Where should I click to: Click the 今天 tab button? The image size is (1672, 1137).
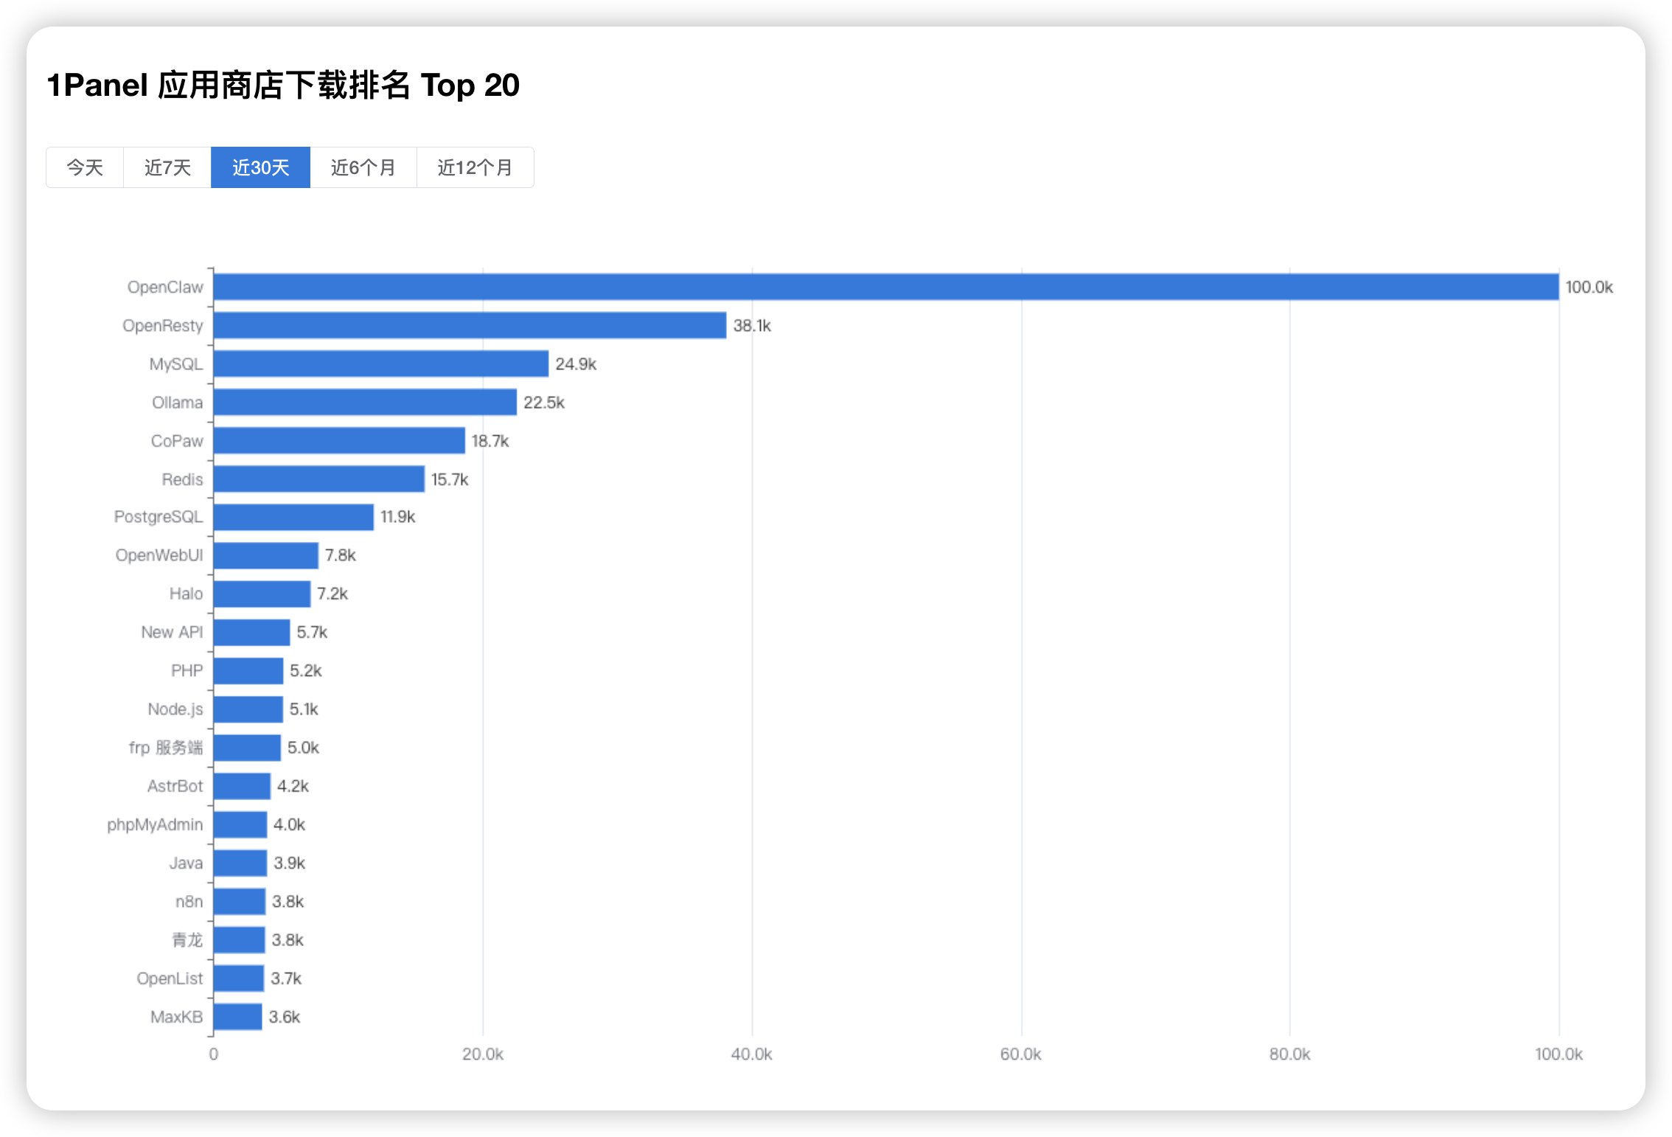85,167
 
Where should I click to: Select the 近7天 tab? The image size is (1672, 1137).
167,167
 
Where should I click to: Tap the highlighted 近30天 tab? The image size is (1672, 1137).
260,167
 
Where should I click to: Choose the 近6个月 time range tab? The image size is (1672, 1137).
363,167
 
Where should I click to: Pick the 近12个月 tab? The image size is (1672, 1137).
475,167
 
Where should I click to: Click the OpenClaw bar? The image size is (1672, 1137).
885,287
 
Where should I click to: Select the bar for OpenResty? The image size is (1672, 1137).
470,325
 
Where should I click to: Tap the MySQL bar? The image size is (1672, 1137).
380,364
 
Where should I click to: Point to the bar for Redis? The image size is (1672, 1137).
318,479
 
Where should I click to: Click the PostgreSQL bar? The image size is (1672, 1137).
293,517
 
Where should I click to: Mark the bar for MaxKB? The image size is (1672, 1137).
237,1017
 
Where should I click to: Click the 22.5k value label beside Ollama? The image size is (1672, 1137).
544,403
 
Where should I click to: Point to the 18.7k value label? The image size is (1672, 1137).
490,441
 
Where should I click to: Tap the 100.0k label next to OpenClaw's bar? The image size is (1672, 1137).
1589,287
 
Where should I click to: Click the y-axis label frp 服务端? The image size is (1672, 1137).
165,748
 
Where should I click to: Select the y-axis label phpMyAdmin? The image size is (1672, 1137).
155,824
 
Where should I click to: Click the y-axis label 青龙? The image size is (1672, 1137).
187,940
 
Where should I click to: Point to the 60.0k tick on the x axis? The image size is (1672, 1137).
1020,1054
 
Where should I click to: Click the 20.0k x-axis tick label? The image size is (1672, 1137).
483,1054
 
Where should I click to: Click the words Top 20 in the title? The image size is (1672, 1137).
470,86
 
